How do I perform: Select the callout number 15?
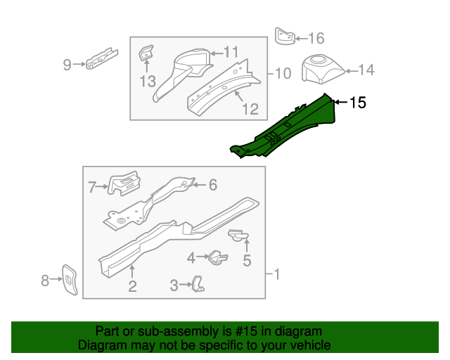(357, 103)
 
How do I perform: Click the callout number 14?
(367, 70)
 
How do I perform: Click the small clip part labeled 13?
(146, 53)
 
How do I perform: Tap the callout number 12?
(250, 109)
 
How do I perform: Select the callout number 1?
(276, 274)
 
